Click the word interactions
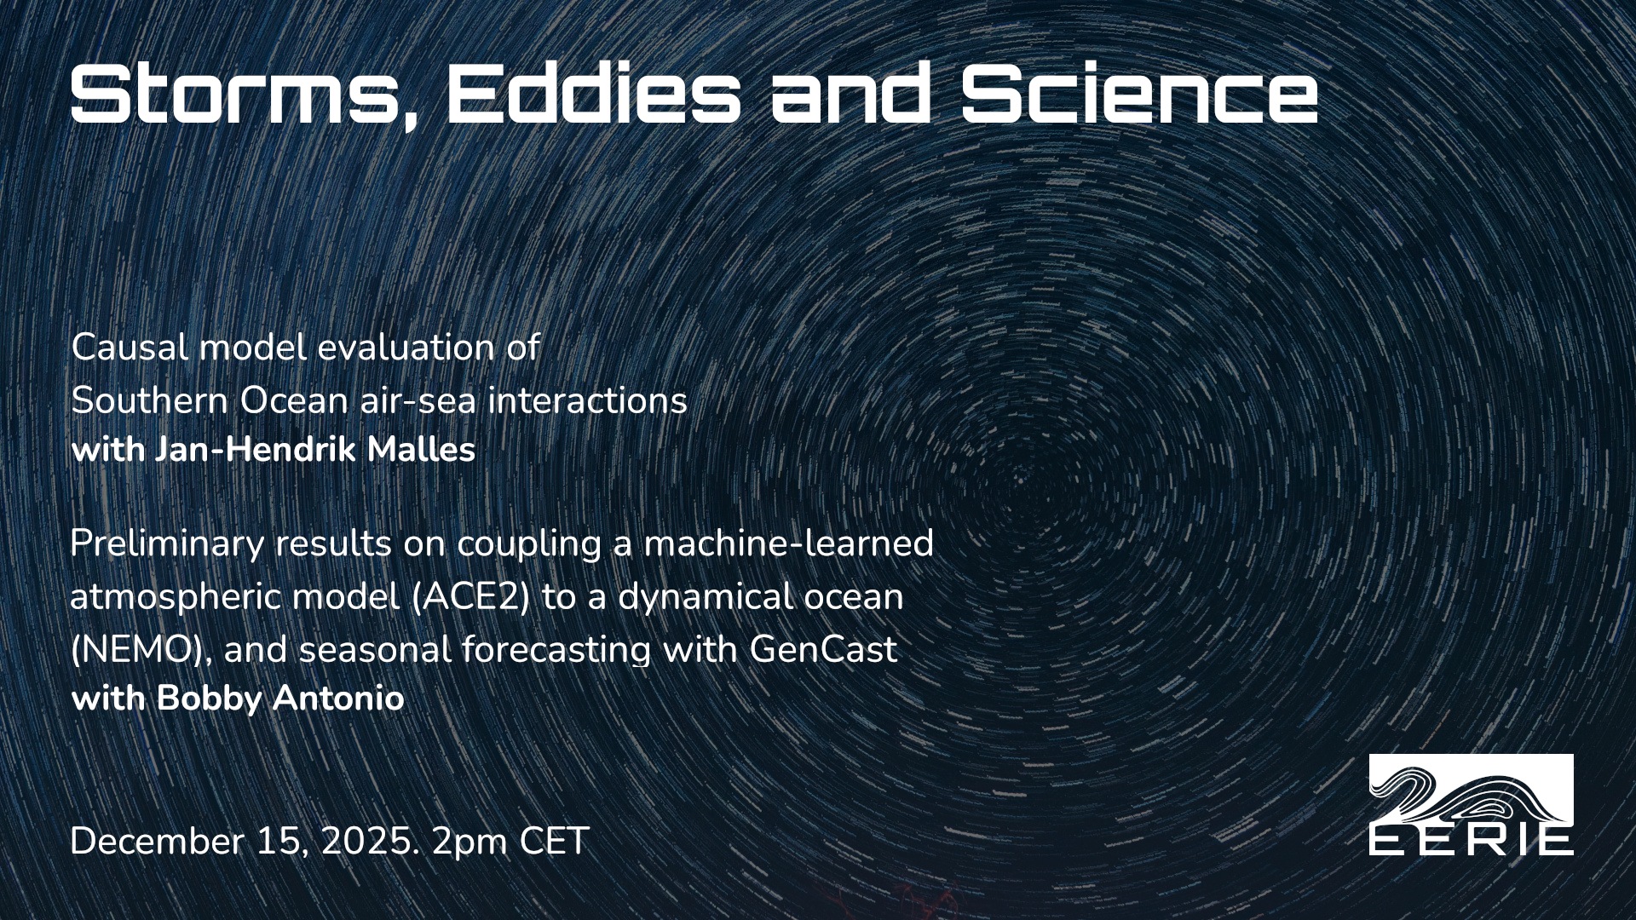[588, 400]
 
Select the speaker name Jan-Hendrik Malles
[314, 450]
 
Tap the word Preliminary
[167, 544]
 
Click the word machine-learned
[789, 543]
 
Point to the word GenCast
[823, 650]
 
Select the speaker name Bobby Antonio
[280, 699]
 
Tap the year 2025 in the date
[367, 842]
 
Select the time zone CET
[554, 842]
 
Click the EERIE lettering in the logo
[1471, 841]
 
